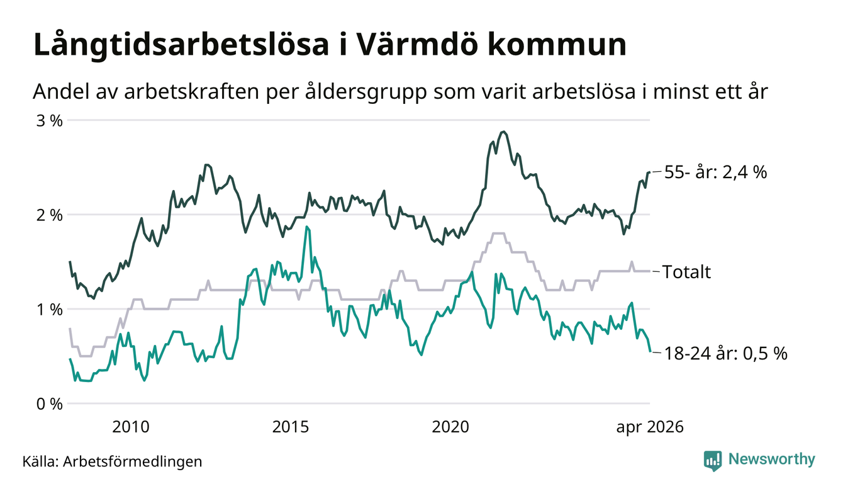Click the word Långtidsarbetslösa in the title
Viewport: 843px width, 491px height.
181,46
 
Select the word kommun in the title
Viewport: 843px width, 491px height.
557,44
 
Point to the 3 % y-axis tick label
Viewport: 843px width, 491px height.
49,121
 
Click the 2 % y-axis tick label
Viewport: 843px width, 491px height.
49,215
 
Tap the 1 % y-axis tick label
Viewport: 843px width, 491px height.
49,310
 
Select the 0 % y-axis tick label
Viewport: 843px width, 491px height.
49,404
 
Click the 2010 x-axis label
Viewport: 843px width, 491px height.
131,427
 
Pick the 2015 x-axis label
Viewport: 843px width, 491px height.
291,427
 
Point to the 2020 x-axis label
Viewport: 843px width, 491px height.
450,427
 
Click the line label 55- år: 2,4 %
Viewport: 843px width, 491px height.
715,172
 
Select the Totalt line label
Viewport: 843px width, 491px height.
686,272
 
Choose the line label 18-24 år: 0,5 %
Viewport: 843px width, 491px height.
725,354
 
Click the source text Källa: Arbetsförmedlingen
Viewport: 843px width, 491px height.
112,461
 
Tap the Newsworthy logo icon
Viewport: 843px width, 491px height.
713,461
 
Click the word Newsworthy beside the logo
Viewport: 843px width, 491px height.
772,460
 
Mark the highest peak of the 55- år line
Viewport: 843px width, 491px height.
503,132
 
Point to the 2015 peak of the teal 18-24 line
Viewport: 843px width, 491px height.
308,227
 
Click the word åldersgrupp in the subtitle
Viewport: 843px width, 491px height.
366,93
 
